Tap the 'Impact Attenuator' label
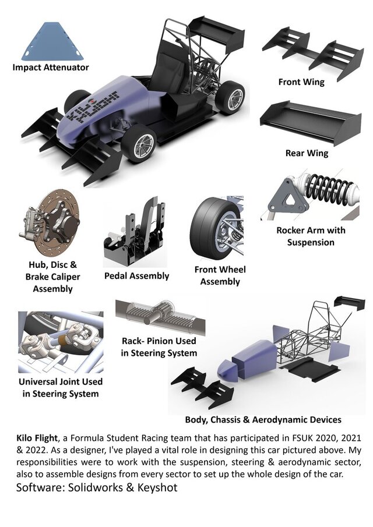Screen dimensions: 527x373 (51, 68)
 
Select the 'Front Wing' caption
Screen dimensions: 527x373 (301, 82)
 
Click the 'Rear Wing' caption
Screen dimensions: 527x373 (307, 153)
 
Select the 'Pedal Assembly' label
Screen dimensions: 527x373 (136, 275)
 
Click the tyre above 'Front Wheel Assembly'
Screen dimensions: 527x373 (213, 224)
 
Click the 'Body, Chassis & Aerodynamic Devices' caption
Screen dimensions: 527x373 (263, 419)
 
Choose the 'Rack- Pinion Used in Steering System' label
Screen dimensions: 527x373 (159, 346)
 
